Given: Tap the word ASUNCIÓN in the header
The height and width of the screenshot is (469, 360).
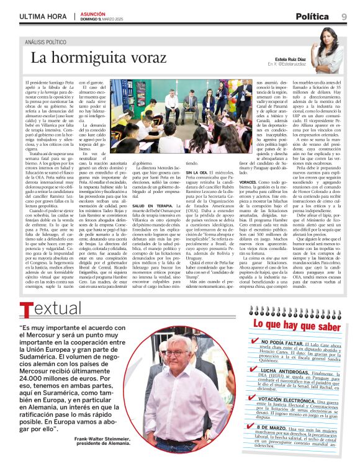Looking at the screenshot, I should coord(92,12).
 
